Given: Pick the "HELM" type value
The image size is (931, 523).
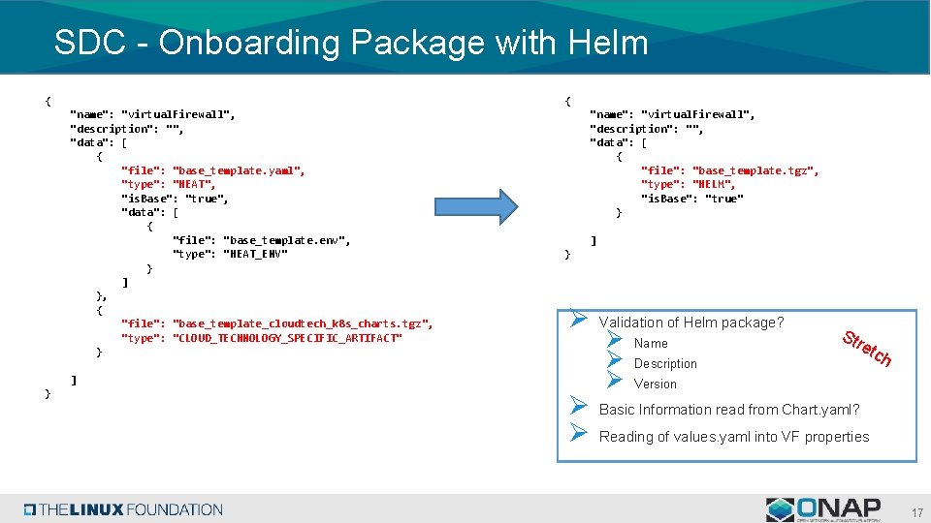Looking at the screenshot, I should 714,184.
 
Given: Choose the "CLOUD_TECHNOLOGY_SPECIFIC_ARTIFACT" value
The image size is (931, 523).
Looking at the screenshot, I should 287,337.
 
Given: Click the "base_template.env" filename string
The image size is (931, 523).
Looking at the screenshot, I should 287,240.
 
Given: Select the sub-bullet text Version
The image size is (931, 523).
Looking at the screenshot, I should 656,385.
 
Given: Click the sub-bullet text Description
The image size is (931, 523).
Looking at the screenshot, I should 665,364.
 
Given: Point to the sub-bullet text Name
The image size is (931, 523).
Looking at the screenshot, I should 651,344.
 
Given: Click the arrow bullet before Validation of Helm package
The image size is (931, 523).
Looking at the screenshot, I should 576,319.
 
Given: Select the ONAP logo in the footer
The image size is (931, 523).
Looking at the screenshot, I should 823,508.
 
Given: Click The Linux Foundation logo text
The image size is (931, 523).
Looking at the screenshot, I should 124,509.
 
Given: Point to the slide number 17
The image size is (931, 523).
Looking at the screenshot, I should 916,511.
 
